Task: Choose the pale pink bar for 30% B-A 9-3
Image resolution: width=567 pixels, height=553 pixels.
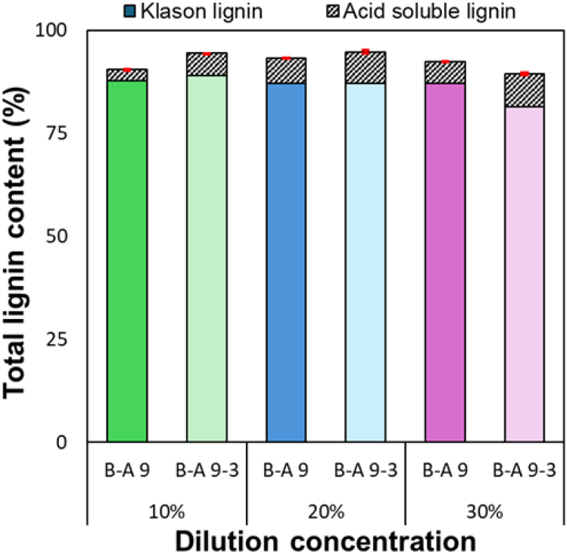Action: (524, 274)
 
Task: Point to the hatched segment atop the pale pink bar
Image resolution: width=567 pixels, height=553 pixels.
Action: (524, 90)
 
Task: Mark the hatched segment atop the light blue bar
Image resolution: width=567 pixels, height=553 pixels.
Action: (365, 67)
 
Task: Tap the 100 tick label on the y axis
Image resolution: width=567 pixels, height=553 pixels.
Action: (61, 31)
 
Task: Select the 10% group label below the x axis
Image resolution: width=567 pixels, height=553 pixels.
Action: (167, 512)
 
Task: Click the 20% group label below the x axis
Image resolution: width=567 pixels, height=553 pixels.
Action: (325, 512)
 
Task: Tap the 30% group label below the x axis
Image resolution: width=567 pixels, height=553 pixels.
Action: (485, 512)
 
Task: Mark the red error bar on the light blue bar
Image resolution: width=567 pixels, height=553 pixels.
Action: (365, 52)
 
